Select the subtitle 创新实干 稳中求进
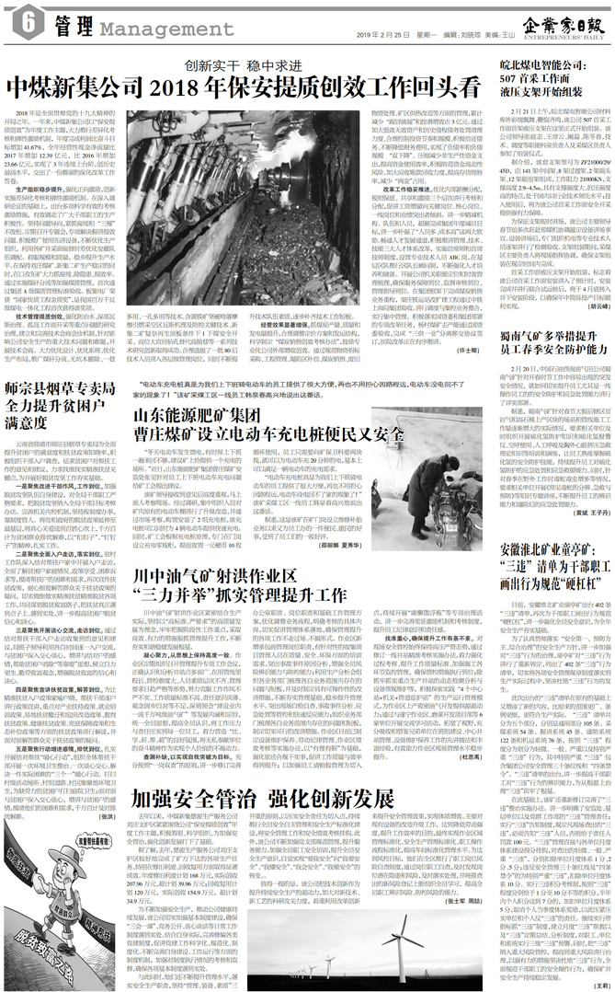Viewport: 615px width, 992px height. tap(245, 64)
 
